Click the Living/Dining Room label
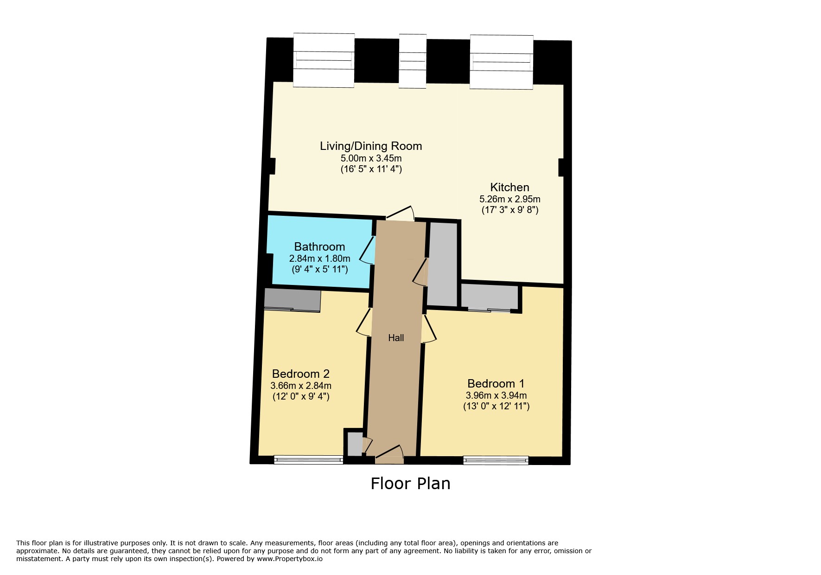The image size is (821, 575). pos(371,146)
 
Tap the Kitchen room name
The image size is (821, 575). pos(509,187)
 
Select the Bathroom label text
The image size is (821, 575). pos(319,247)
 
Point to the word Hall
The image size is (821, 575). pos(396,338)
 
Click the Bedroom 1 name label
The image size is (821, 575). pos(496,384)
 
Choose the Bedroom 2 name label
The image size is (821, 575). pos(300,374)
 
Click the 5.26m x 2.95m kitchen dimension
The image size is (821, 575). pos(509,199)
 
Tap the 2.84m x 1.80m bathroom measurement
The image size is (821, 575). pos(319,258)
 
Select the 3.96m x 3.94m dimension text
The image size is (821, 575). pos(496,395)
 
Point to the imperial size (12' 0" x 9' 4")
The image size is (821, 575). pos(301,397)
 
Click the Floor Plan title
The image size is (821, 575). pos(410,484)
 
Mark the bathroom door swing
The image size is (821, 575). pos(367,250)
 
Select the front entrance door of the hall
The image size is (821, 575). pos(389,454)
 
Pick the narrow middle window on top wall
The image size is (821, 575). pos(413,61)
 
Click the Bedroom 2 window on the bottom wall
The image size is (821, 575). pos(308,460)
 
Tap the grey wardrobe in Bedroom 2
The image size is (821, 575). pos(293,300)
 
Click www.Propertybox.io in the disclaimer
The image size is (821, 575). pos(289,559)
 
